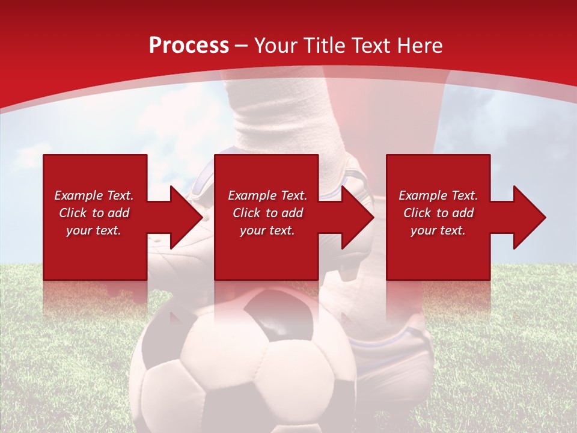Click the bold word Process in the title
(189, 46)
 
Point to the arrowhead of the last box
(528, 217)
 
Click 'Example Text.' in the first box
(94, 195)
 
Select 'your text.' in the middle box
(267, 230)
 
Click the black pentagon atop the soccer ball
(278, 313)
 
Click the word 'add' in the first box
(119, 213)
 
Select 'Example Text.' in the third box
(438, 195)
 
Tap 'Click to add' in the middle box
(267, 213)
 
